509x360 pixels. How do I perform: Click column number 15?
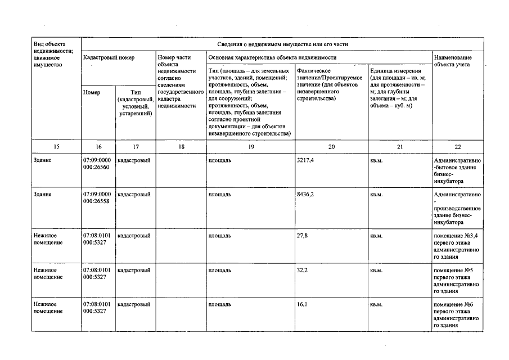pyautogui.click(x=56, y=146)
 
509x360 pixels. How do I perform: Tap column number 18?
pyautogui.click(x=181, y=146)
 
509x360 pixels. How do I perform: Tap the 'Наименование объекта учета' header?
pyautogui.click(x=453, y=61)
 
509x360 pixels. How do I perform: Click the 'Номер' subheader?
pyautogui.click(x=91, y=92)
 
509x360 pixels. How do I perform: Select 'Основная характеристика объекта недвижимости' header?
pyautogui.click(x=272, y=57)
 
